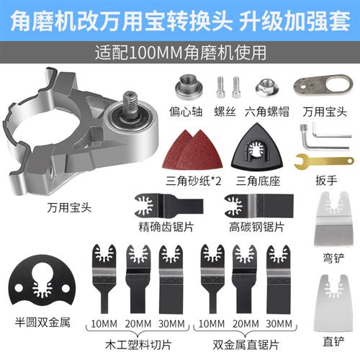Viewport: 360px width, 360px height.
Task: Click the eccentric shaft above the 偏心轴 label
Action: point(189,92)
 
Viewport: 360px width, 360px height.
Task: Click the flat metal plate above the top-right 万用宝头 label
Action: point(317,90)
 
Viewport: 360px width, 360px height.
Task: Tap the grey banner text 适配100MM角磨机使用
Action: point(179,53)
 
